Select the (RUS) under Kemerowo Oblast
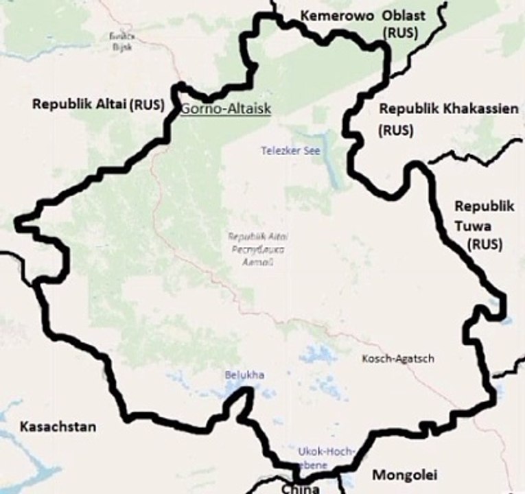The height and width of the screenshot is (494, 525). (401, 32)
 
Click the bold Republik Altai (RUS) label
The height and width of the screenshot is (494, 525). (98, 105)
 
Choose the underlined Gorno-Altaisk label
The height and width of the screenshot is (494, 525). (226, 108)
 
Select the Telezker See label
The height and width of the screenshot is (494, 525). (291, 150)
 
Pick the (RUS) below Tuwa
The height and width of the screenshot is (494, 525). (485, 244)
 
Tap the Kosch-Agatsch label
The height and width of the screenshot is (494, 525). (397, 358)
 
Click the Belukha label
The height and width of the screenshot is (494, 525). (244, 375)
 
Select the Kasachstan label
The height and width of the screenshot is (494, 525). (58, 427)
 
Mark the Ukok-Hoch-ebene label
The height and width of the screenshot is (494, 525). (326, 456)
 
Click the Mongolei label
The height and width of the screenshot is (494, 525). (404, 475)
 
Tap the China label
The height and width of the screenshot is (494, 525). (300, 489)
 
